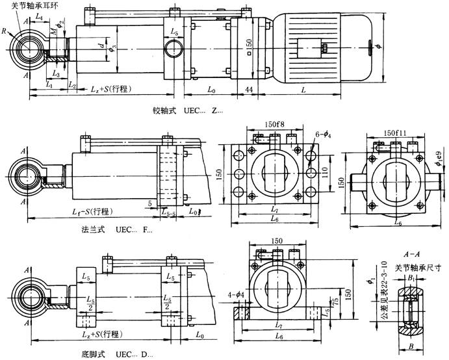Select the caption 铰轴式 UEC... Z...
(185, 111)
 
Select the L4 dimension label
(40, 14)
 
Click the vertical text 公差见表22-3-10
(388, 289)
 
